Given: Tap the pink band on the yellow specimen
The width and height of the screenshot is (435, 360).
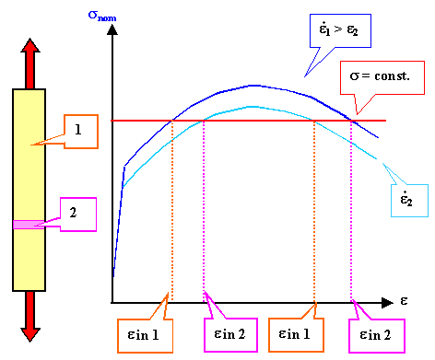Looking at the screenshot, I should pos(29,224).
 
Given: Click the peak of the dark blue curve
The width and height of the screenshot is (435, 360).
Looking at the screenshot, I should pos(253,85).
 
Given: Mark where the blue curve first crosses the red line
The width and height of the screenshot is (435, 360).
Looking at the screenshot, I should pos(171,120).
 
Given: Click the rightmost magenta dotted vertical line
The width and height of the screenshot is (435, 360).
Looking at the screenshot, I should pos(351,212).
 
